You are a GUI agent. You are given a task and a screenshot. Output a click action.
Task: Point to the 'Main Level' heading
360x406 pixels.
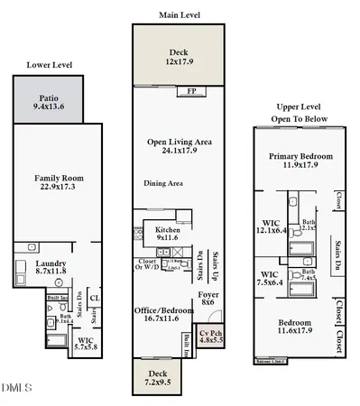[x=179, y=14]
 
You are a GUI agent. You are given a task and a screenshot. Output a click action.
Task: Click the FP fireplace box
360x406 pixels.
[x=191, y=91]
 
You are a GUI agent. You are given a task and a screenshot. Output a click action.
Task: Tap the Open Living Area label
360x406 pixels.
[x=178, y=147]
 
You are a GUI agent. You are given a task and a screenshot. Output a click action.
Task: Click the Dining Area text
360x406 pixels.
[x=163, y=183]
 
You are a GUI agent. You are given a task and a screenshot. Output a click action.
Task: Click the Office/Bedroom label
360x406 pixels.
[x=164, y=314]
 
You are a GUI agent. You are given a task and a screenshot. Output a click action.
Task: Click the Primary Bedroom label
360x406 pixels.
[x=300, y=161]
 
